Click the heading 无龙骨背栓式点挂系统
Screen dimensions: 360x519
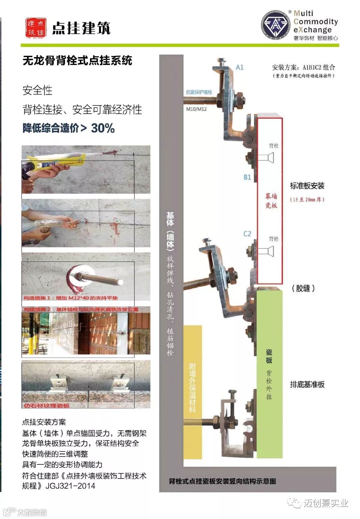77,60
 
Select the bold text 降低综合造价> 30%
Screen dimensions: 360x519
69,128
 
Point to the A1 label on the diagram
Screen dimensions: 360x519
240,67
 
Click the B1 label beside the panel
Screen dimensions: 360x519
247,177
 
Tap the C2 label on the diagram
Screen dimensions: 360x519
247,234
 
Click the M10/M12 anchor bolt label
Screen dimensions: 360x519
196,109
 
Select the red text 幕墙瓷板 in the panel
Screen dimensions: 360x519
271,201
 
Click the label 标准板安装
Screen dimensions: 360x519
307,186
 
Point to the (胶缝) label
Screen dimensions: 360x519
303,288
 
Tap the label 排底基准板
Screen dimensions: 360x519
307,384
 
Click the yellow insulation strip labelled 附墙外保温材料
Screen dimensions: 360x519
192,387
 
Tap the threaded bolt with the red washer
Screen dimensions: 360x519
93,277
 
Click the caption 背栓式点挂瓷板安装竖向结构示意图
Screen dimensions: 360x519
222,481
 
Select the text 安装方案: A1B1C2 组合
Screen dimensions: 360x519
303,67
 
